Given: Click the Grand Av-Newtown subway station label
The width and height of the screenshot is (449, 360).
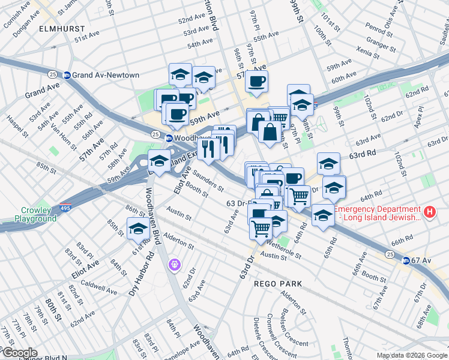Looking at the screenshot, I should [106, 75].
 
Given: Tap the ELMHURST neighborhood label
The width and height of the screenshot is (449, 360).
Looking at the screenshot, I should [58, 28].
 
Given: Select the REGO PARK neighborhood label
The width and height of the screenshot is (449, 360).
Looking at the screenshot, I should [277, 283].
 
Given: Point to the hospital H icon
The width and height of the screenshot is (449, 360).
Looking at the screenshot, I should [429, 212].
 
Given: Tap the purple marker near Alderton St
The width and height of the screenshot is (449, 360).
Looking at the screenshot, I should [175, 263].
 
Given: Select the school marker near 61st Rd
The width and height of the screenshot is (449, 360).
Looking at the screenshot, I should [138, 229].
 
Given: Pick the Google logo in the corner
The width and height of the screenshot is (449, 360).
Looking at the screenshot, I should [19, 352].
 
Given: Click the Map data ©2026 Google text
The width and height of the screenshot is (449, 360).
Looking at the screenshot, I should [411, 355].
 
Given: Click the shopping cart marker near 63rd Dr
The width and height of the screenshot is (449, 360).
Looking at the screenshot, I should [261, 229].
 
